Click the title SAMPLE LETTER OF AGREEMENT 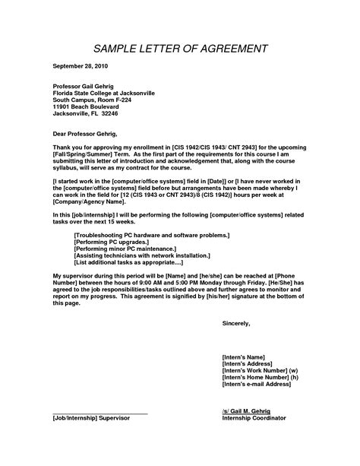[x=180, y=50]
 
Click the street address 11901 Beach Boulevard [x=89, y=107]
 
